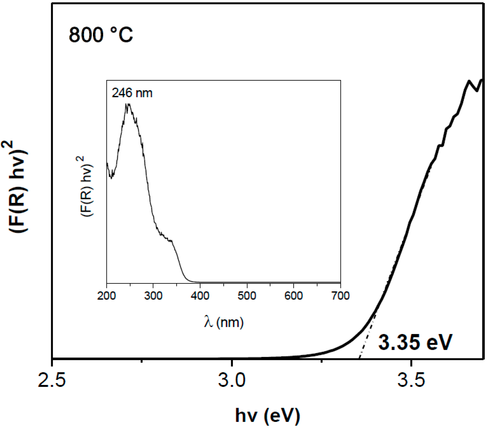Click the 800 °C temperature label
point(101,35)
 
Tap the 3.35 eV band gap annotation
point(415,343)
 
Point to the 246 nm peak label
point(132,93)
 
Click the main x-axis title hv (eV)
point(267,415)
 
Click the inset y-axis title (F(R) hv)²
point(87,187)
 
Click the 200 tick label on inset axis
point(106,296)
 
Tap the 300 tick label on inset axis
point(153,296)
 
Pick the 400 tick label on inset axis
point(200,296)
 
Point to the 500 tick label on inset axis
point(247,296)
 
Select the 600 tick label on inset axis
point(293,296)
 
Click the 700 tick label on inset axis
point(340,296)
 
